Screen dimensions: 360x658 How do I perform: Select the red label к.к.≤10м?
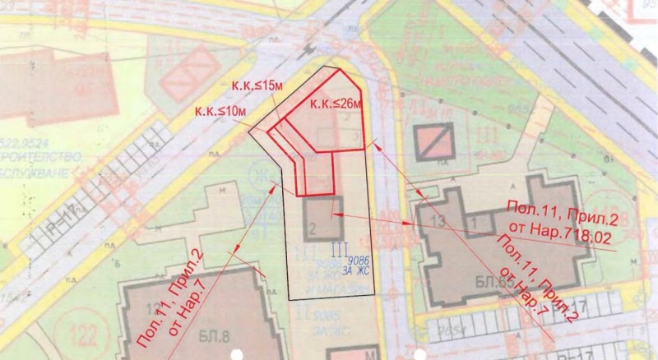click(221, 111)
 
